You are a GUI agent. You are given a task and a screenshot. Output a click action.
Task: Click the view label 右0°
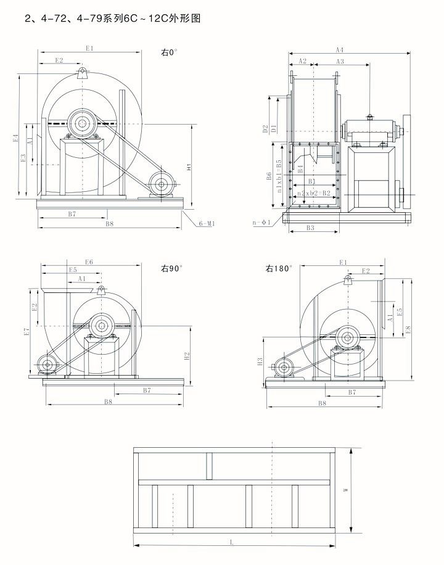(169, 53)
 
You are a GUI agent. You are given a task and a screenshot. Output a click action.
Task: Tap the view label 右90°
(173, 269)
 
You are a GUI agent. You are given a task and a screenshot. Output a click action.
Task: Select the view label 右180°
(279, 269)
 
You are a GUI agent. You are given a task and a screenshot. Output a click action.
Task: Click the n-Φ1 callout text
(261, 221)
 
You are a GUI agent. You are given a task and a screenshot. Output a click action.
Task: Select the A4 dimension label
(340, 49)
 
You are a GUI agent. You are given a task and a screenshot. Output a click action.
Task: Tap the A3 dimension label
(340, 61)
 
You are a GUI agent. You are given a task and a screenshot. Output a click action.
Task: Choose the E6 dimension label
(89, 262)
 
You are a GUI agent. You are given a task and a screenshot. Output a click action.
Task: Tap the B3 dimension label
(311, 228)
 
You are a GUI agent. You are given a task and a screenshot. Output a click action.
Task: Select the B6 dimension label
(269, 176)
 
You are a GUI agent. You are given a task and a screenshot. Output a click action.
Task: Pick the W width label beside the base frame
(347, 490)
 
